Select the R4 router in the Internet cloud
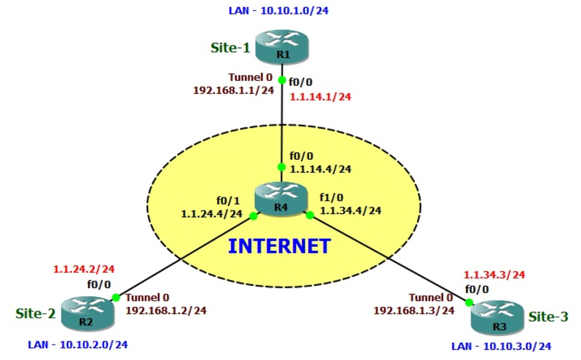[x=281, y=199]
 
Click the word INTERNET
[x=279, y=246]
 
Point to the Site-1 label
[x=230, y=48]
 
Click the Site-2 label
[x=35, y=314]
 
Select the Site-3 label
[x=548, y=316]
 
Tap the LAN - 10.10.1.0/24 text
[x=279, y=10]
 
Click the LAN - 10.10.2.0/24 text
[x=78, y=345]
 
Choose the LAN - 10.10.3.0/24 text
[x=501, y=346]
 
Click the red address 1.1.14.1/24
[x=320, y=97]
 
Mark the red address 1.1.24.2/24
[x=84, y=269]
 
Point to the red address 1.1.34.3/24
[x=494, y=274]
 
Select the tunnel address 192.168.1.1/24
[x=233, y=90]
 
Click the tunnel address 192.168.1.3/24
[x=414, y=310]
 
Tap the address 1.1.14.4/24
[x=321, y=169]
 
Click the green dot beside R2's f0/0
[x=116, y=297]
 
